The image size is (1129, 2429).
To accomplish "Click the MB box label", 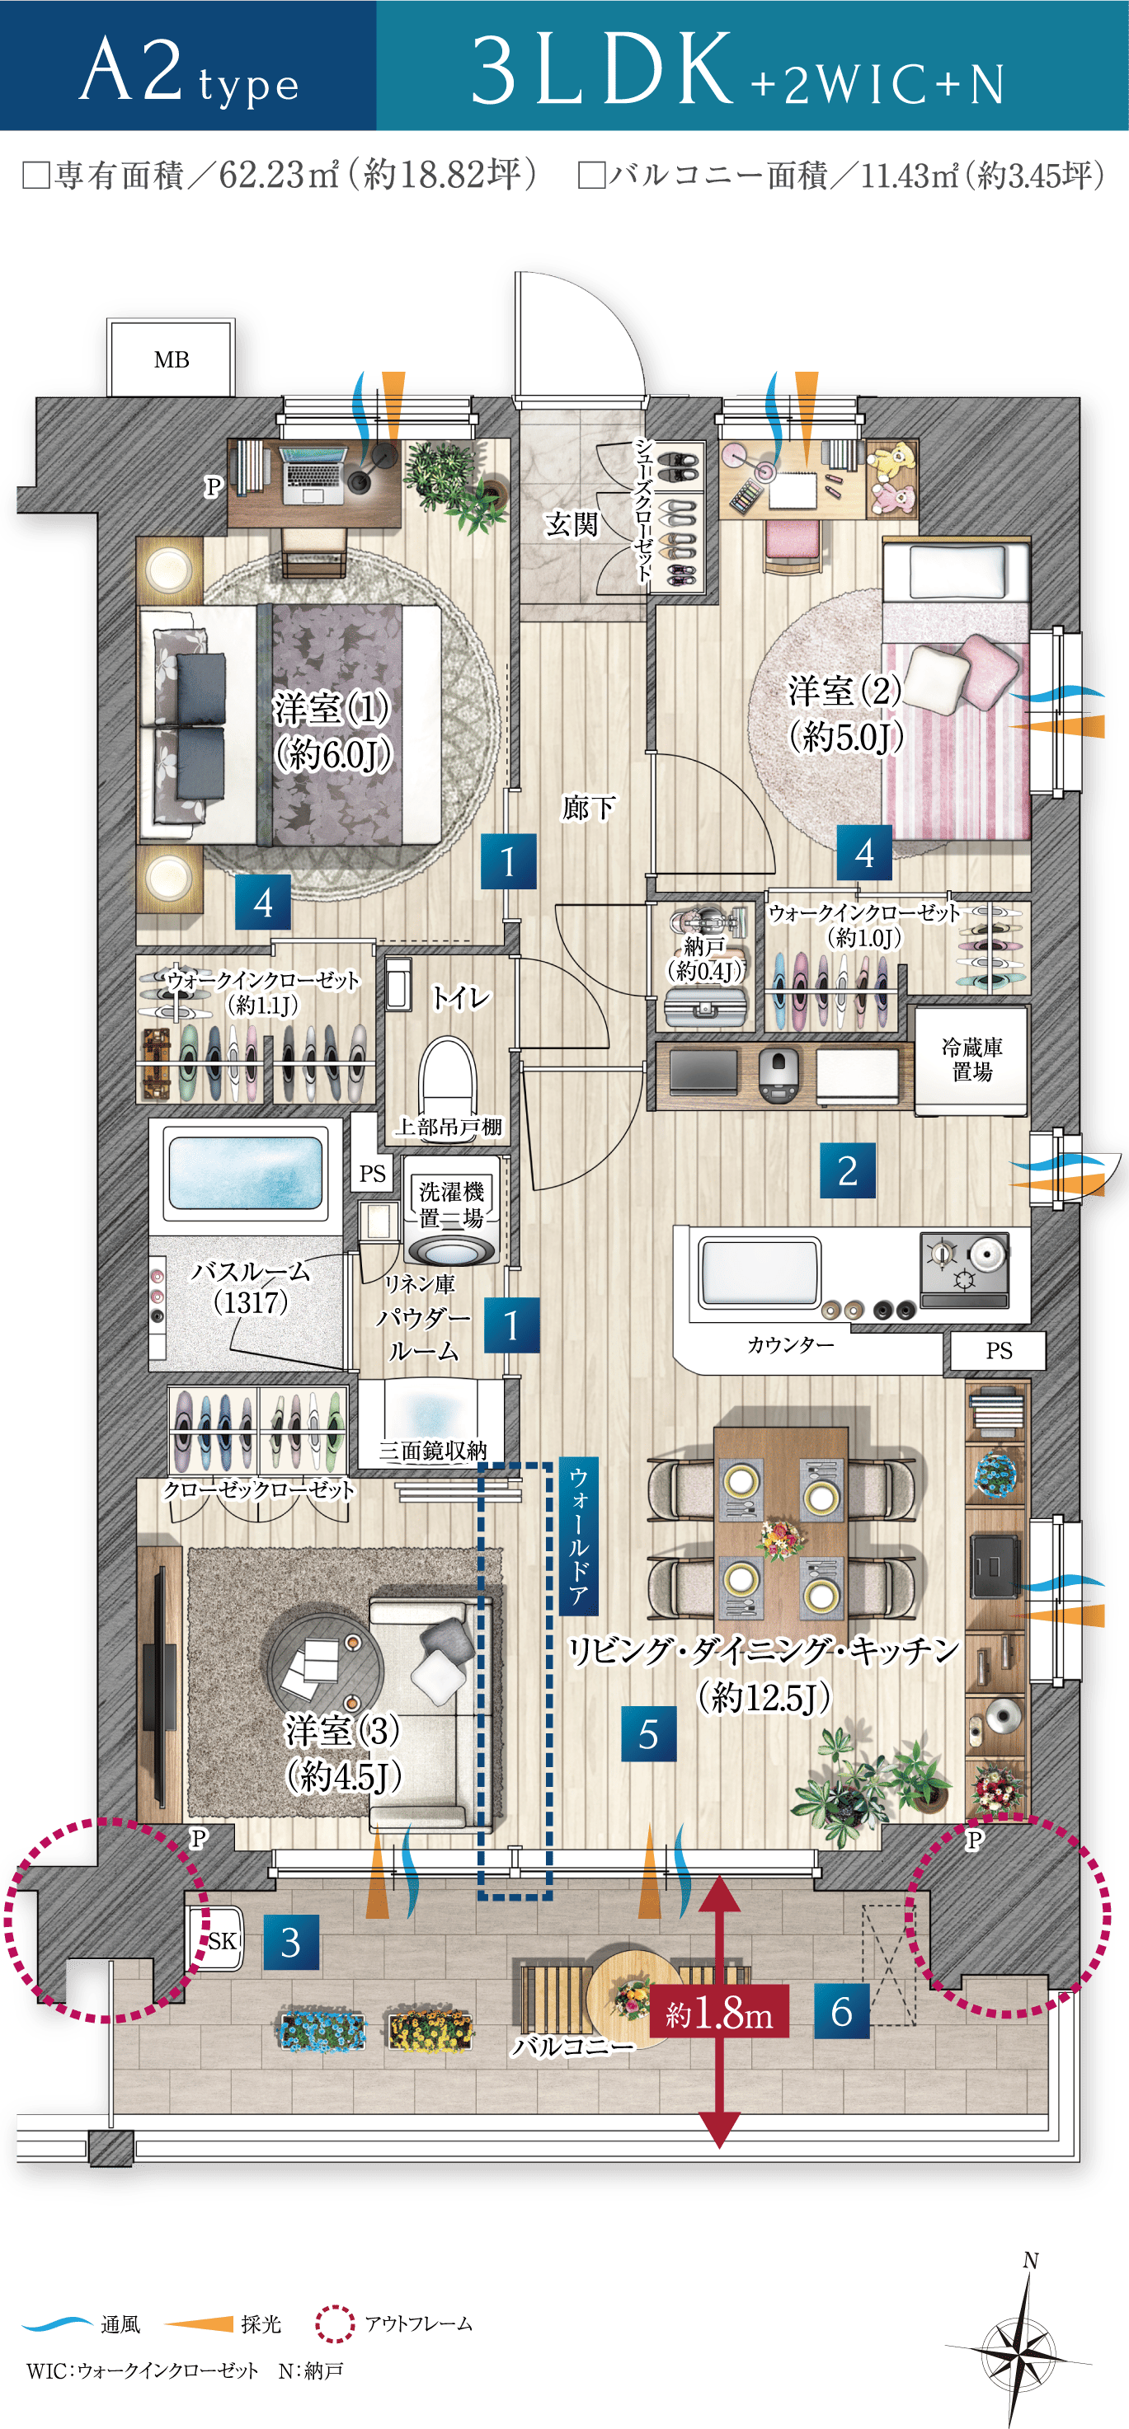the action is (172, 359).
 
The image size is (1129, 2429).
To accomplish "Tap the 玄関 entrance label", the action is (572, 523).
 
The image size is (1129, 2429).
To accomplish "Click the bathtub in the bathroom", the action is (244, 1172).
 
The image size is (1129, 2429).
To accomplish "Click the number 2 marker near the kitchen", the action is (847, 1171).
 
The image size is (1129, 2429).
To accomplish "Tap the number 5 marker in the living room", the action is (649, 1734).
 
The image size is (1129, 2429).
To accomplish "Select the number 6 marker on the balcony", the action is (841, 2011).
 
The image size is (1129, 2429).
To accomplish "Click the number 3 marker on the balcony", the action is (290, 1943).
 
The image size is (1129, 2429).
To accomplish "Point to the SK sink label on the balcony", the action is (223, 1940).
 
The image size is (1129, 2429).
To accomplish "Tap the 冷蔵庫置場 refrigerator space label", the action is (971, 1059).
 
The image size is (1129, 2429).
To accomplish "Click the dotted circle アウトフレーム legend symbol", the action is (334, 2323).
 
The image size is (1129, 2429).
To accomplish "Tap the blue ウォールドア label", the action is (578, 1536).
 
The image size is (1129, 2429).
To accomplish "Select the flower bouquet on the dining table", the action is (780, 1538).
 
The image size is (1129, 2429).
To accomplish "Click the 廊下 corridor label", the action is (589, 807).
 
